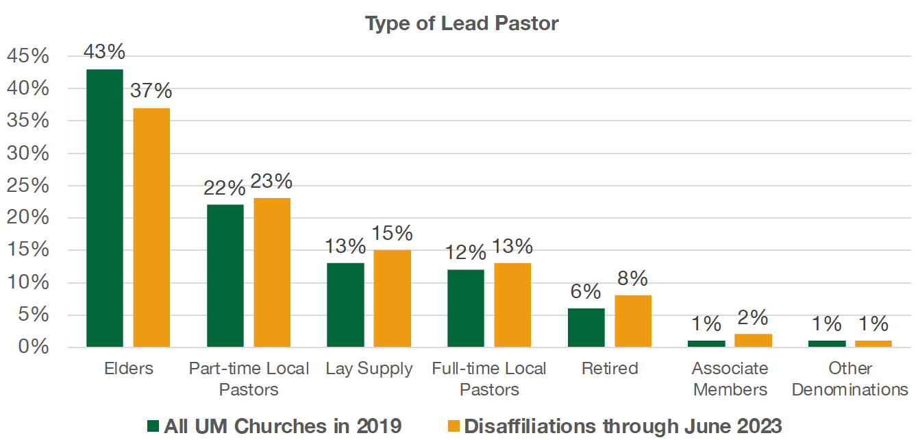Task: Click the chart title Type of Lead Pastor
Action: click(462, 23)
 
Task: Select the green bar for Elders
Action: click(105, 208)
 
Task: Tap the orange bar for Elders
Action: click(151, 227)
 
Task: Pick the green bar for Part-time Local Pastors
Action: click(225, 276)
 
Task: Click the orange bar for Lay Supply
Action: click(392, 298)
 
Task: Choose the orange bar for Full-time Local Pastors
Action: click(512, 305)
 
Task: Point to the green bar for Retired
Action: click(586, 328)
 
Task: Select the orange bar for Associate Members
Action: click(754, 340)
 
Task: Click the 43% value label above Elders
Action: click(104, 51)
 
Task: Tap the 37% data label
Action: click(151, 90)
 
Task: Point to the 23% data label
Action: click(272, 181)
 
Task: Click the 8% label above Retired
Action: click(633, 278)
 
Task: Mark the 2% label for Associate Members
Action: click(754, 317)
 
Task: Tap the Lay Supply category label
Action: click(369, 369)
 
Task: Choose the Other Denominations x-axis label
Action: click(849, 379)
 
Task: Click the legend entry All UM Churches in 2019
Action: click(274, 426)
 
